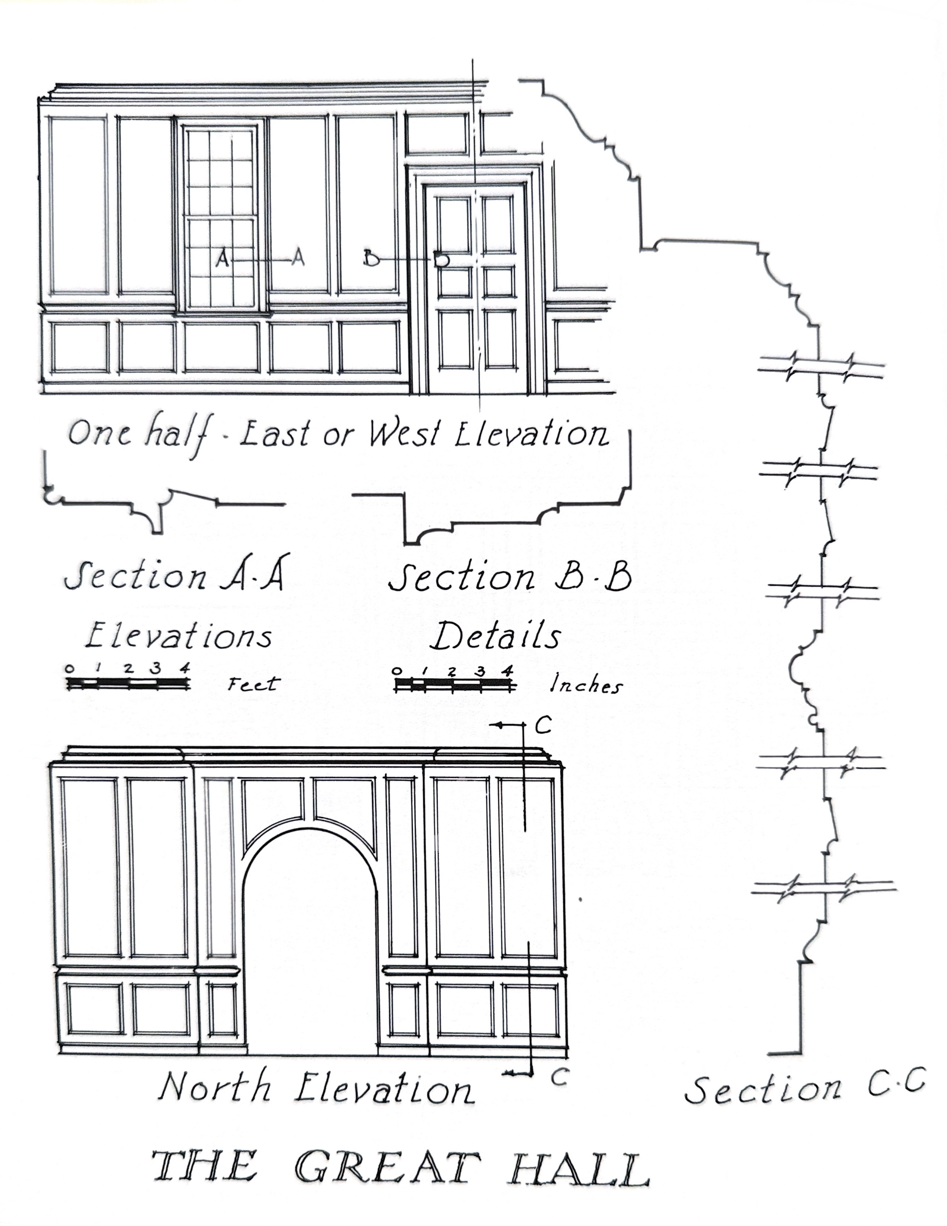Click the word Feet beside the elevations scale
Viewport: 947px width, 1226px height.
click(x=253, y=684)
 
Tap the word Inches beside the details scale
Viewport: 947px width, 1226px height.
click(x=586, y=684)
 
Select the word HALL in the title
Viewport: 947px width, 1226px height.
click(x=579, y=1169)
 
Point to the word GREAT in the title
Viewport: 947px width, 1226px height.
click(x=388, y=1168)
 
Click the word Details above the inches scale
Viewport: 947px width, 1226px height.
click(x=496, y=636)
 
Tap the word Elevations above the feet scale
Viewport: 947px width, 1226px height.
click(x=178, y=635)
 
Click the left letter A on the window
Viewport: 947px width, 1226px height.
click(x=223, y=258)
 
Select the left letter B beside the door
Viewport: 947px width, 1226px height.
click(x=371, y=258)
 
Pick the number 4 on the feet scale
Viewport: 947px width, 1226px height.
click(x=185, y=668)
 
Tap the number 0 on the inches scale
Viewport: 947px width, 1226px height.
click(x=398, y=670)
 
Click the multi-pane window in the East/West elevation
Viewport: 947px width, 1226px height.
click(x=221, y=217)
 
